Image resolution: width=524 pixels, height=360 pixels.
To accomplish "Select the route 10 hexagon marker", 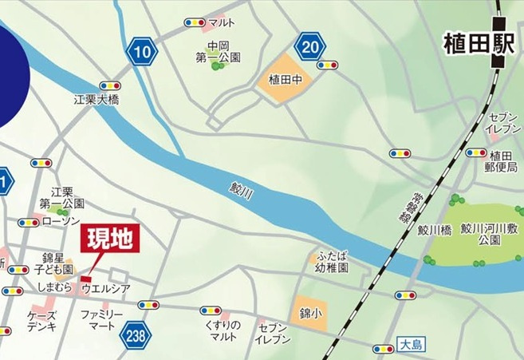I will pos(142,53).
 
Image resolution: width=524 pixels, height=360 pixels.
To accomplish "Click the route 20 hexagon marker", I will pos(311,47).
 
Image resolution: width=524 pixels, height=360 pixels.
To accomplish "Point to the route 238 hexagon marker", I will pos(136,336).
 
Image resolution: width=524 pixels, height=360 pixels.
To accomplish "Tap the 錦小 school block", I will pos(308,311).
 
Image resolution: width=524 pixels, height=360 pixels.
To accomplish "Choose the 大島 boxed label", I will pos(408,346).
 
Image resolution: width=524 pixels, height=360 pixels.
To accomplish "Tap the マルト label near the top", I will pos(219,23).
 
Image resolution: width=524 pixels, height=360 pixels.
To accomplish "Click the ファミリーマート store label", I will pos(101,321).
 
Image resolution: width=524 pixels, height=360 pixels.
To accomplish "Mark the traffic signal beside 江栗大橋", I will pos(110,85).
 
